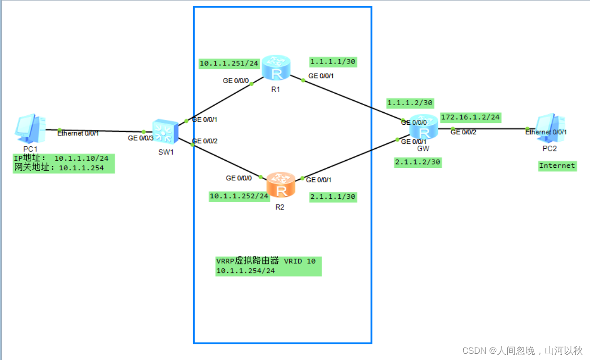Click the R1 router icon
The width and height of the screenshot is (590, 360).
(276, 67)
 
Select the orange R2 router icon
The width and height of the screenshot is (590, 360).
(281, 185)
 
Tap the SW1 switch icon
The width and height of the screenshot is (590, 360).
(165, 131)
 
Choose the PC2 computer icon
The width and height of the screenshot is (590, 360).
(550, 128)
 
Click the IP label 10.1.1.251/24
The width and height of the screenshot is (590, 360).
(229, 64)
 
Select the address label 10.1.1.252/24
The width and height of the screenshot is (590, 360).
(239, 196)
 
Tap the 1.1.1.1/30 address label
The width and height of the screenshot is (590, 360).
(333, 62)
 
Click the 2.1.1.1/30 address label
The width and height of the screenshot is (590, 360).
(333, 196)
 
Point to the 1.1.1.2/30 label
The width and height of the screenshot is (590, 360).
(410, 103)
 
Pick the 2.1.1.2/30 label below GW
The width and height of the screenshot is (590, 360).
(417, 162)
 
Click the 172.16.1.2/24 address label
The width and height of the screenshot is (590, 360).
(470, 117)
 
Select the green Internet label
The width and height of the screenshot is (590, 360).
(557, 166)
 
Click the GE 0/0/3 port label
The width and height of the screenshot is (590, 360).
(141, 138)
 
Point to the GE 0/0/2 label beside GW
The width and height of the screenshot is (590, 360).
(463, 132)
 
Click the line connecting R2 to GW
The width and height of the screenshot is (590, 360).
(349, 159)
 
